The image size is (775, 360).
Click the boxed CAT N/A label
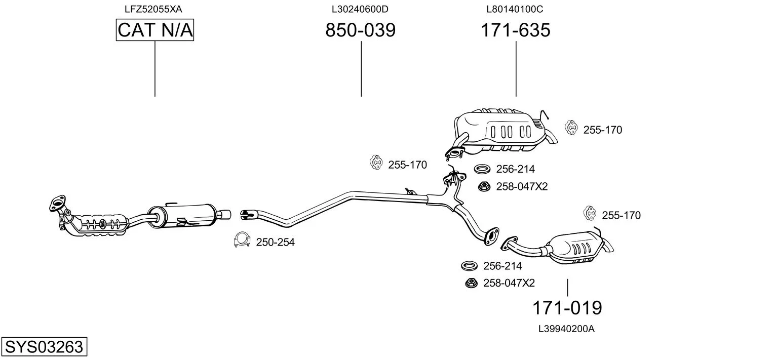(x=154, y=30)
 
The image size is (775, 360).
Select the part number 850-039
(x=361, y=30)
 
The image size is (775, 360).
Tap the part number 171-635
(x=516, y=30)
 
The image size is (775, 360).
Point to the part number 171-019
(x=567, y=307)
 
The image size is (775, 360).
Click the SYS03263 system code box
(x=44, y=346)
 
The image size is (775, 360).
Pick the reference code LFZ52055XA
(x=153, y=9)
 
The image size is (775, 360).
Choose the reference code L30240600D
(x=360, y=9)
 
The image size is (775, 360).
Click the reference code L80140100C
(x=515, y=9)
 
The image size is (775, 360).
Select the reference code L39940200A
(x=566, y=329)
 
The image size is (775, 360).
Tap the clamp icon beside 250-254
(x=242, y=239)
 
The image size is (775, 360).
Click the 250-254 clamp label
(x=276, y=243)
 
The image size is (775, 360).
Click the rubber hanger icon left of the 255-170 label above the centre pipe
(x=376, y=162)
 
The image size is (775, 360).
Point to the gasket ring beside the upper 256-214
(x=482, y=169)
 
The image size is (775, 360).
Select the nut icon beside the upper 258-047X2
(x=483, y=187)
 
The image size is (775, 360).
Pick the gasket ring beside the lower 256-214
(x=470, y=266)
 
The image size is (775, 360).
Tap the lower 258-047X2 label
(x=509, y=283)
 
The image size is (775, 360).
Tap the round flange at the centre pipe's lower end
(x=491, y=236)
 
